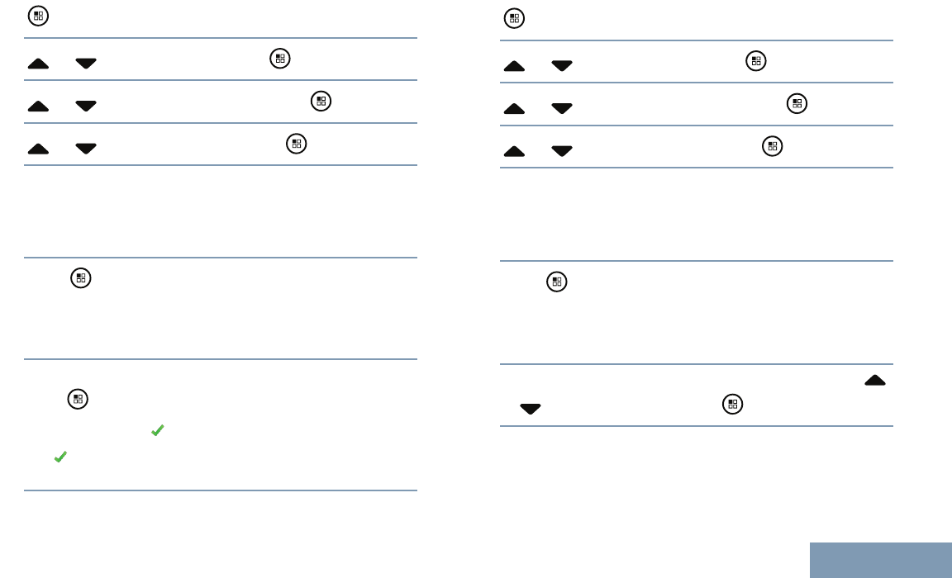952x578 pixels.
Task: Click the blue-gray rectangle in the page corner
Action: [x=880, y=560]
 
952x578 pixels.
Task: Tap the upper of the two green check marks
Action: [x=157, y=430]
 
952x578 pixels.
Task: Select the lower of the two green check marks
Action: [x=59, y=457]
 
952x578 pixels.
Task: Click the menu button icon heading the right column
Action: [x=515, y=18]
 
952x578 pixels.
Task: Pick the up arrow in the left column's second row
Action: [x=38, y=62]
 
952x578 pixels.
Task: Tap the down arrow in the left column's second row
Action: [x=86, y=62]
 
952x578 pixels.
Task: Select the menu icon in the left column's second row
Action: [x=279, y=59]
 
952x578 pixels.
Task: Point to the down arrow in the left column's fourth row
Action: [x=86, y=149]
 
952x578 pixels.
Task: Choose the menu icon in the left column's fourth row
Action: [x=297, y=144]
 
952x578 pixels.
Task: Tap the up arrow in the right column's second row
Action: [x=514, y=66]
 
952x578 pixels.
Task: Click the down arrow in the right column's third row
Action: [x=562, y=108]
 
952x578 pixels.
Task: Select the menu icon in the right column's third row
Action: [x=797, y=104]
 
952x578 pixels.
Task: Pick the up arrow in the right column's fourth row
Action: [x=514, y=151]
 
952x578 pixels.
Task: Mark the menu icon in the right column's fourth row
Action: [x=772, y=147]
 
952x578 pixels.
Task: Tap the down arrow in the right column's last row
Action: [x=530, y=409]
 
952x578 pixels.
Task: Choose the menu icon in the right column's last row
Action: [x=732, y=405]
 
